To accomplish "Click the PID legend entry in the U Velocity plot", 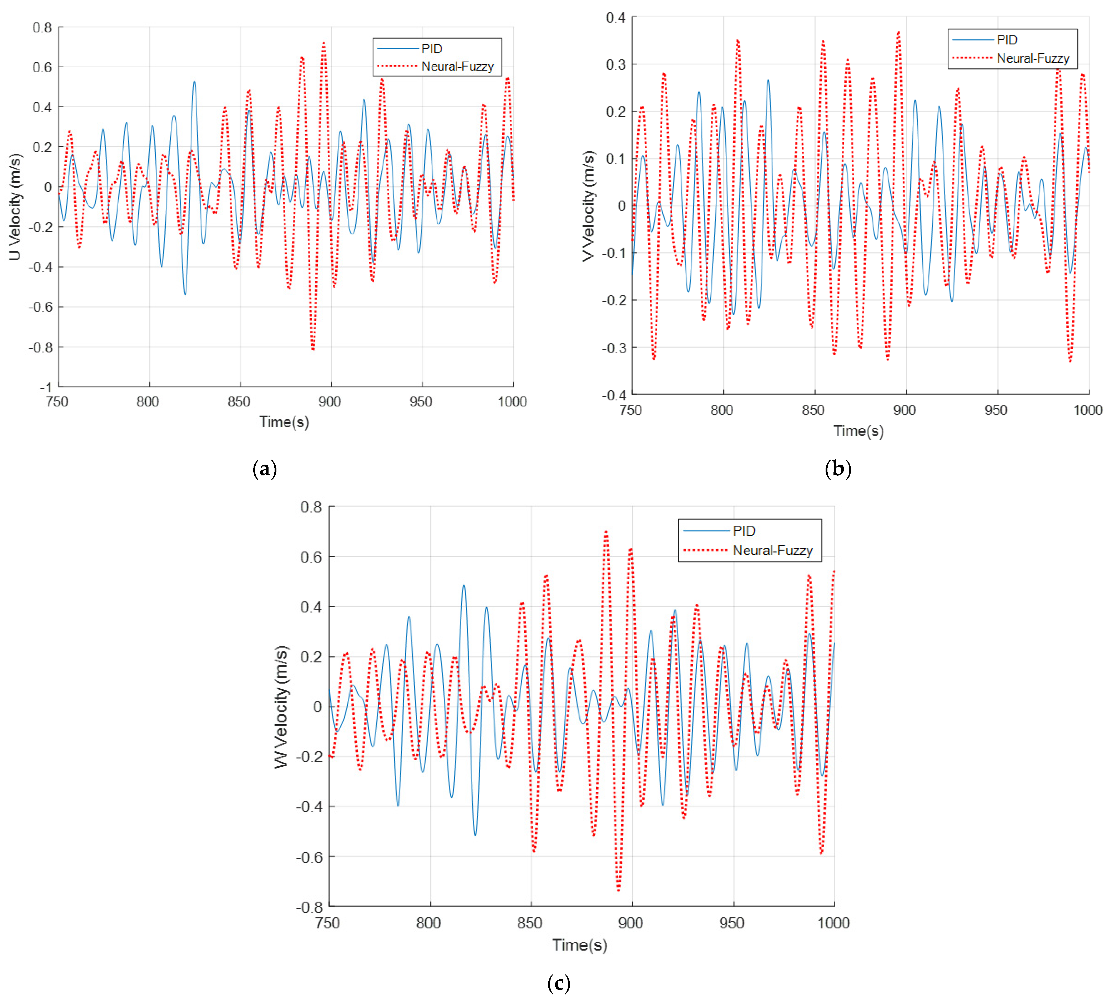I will (x=432, y=49).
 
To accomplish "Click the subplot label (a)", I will (x=264, y=469).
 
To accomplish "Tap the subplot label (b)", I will (x=838, y=469).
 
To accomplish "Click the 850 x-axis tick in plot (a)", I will (x=239, y=402).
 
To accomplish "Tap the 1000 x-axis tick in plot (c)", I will (x=833, y=923).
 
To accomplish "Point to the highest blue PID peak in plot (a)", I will (x=194, y=82).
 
